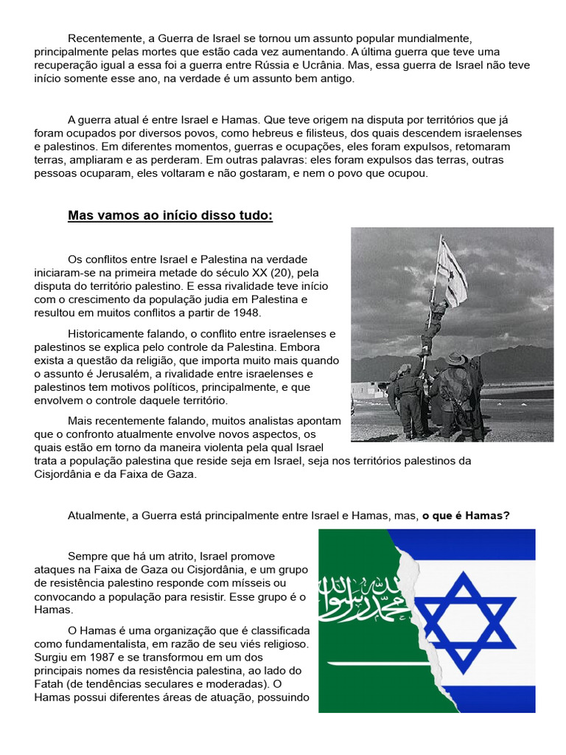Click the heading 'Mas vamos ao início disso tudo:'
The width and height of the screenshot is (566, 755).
point(170,216)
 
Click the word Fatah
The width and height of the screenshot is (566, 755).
point(51,684)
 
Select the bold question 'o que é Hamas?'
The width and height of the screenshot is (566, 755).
point(467,515)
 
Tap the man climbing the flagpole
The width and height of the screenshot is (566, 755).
point(434,324)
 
